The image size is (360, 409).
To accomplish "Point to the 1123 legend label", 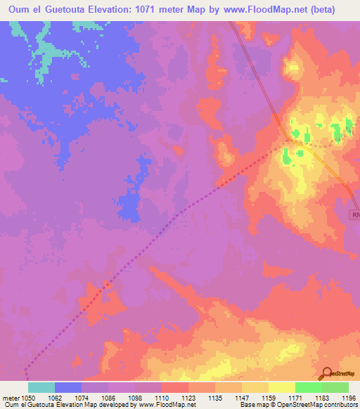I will [x=188, y=397].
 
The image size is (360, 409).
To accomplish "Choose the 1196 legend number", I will [x=348, y=397].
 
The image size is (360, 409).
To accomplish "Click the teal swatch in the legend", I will [x=41, y=387].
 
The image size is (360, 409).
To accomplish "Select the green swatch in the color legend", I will [x=309, y=387].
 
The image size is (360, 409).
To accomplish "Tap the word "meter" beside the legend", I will [x=11, y=397].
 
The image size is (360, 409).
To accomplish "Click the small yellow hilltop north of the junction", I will [x=292, y=68].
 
